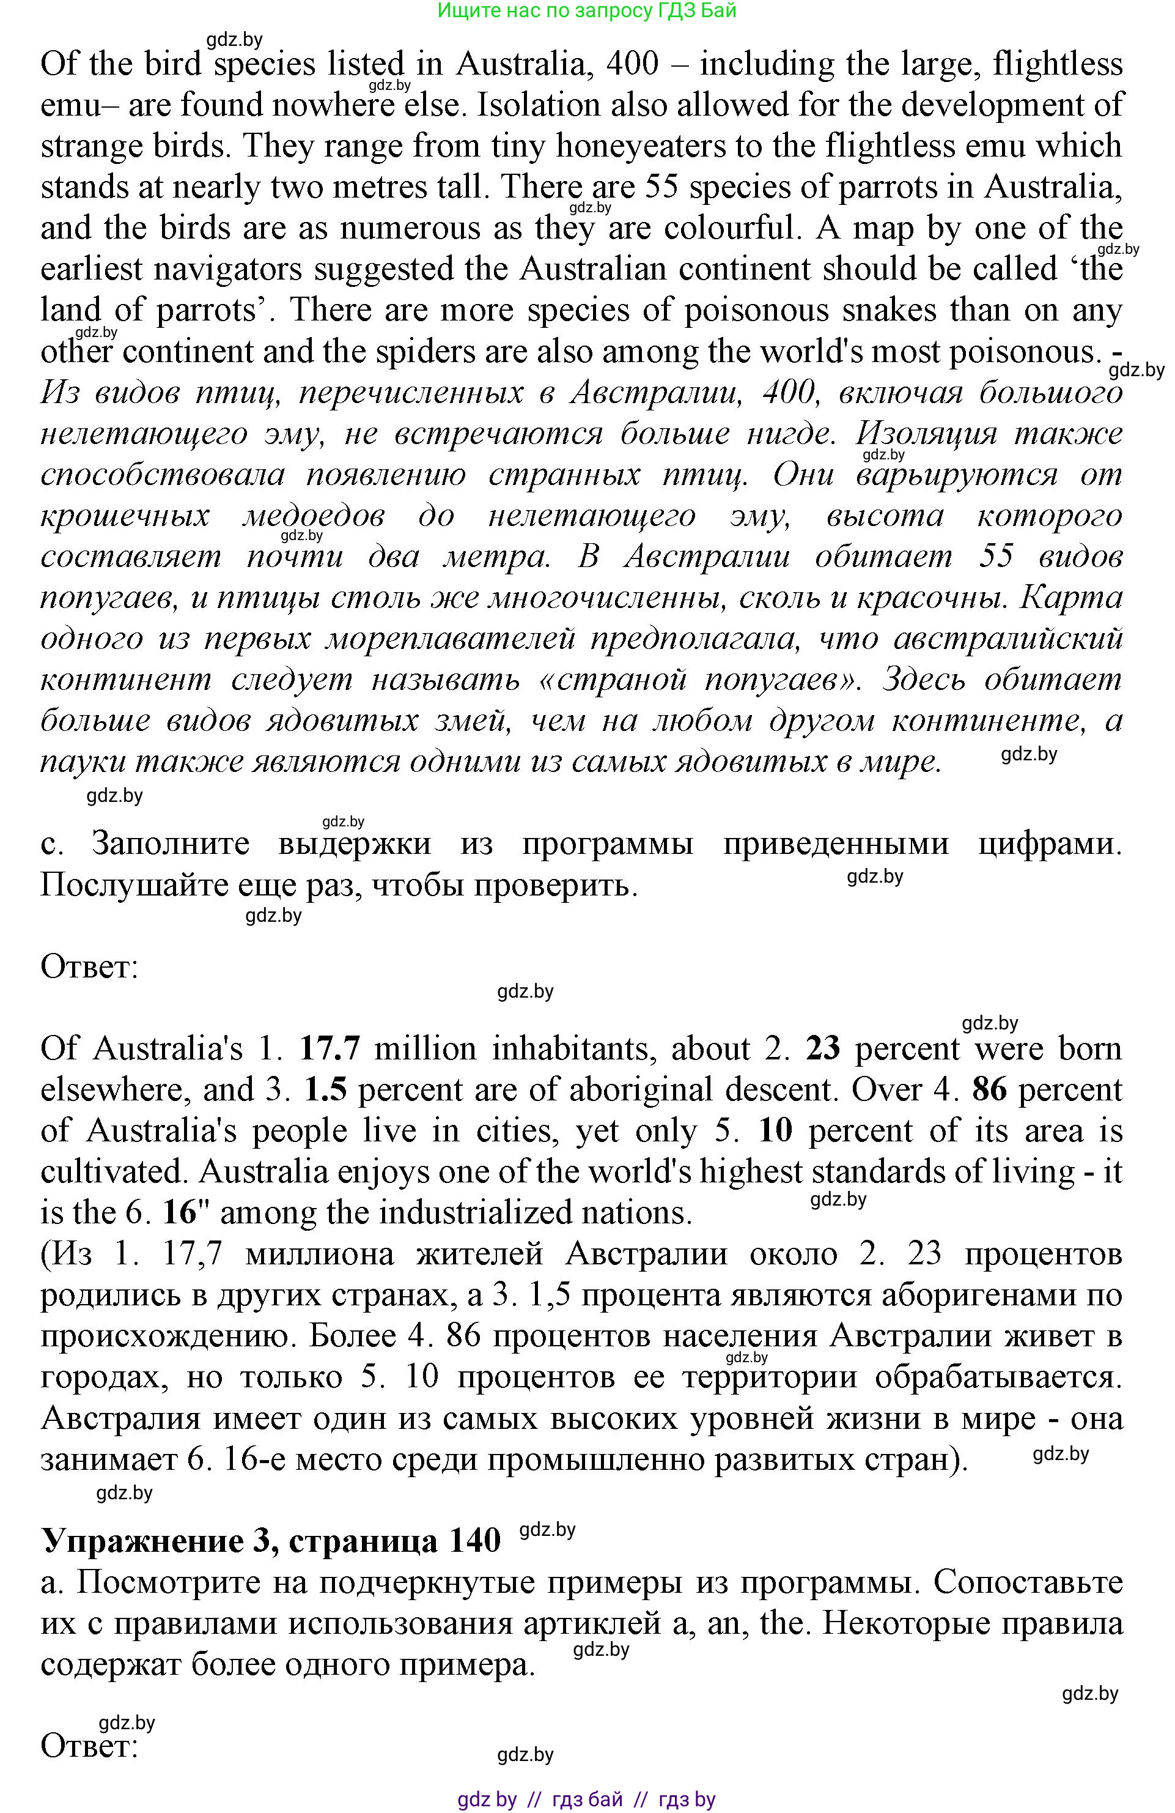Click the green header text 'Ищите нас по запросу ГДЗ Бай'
click(x=586, y=10)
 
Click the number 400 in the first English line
click(x=632, y=65)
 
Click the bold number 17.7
click(x=329, y=1050)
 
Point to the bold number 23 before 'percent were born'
click(x=822, y=1050)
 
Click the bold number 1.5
click(x=325, y=1091)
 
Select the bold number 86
click(x=989, y=1091)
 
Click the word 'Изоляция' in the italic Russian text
click(x=925, y=434)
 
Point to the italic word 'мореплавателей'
click(x=450, y=639)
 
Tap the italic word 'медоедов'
click(x=313, y=516)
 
